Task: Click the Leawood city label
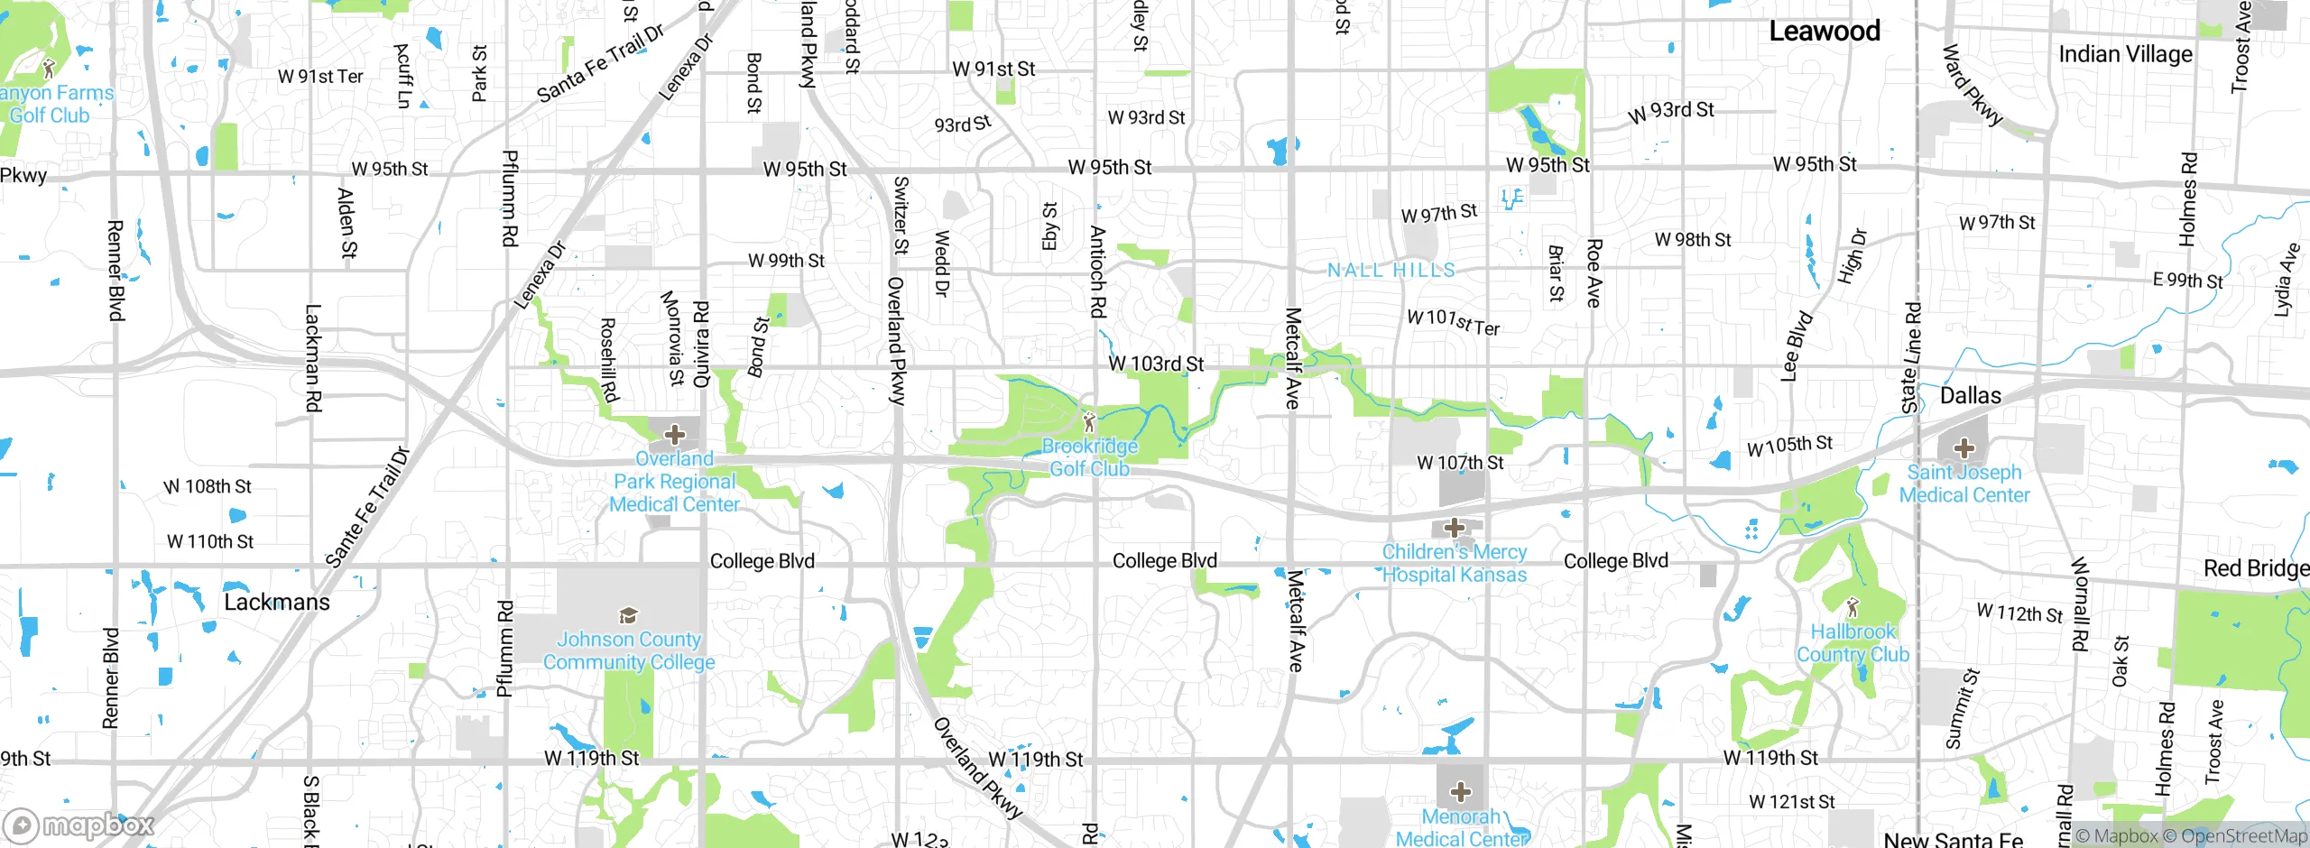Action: point(1824,32)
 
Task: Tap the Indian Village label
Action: point(2125,54)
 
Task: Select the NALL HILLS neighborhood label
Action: point(1391,271)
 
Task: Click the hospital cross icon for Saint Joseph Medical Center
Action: point(1963,448)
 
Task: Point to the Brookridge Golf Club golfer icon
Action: point(1089,421)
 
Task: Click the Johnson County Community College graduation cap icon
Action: point(628,616)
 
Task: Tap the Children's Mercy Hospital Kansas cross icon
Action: point(1454,528)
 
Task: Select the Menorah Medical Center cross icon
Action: point(1461,793)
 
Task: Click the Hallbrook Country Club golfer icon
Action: point(1853,607)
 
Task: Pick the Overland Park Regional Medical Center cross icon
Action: point(674,436)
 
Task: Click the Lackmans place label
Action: point(277,603)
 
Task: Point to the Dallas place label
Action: point(1970,396)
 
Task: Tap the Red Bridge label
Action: point(2256,568)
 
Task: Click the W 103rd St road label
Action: point(1156,364)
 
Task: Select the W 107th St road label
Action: point(1460,463)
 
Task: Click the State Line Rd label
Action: point(1911,358)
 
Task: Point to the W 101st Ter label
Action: point(1454,322)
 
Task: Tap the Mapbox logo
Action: point(79,825)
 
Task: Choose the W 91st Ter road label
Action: point(320,77)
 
